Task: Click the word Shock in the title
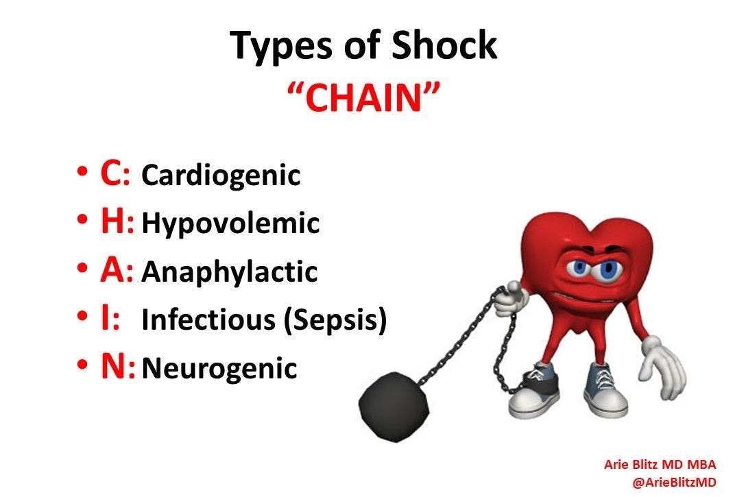point(444,45)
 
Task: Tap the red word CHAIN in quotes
point(363,97)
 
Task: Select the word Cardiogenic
point(221,175)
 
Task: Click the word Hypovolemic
point(230,223)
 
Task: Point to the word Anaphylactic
point(230,271)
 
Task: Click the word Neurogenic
point(219,368)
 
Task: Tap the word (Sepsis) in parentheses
point(336,320)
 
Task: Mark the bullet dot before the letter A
point(82,268)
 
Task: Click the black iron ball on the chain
point(394,407)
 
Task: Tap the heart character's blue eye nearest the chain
point(579,268)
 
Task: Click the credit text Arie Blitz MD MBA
point(660,464)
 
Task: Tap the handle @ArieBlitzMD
point(673,481)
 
